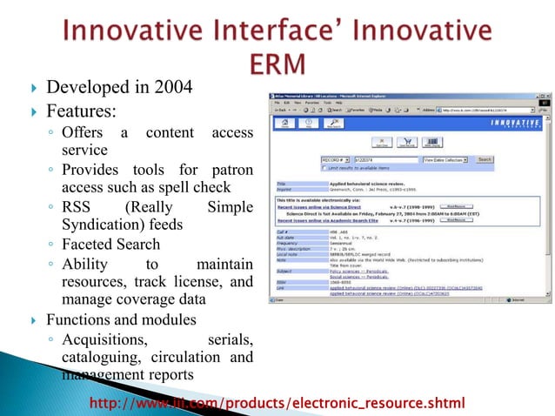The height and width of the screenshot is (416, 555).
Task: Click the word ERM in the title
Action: pyautogui.click(x=276, y=64)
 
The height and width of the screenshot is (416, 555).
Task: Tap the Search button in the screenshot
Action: pyautogui.click(x=485, y=160)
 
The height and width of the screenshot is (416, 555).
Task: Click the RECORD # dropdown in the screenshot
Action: pyautogui.click(x=335, y=160)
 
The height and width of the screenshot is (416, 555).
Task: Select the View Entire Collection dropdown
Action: pyautogui.click(x=445, y=160)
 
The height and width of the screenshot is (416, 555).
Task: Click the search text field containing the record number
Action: pyautogui.click(x=381, y=160)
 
